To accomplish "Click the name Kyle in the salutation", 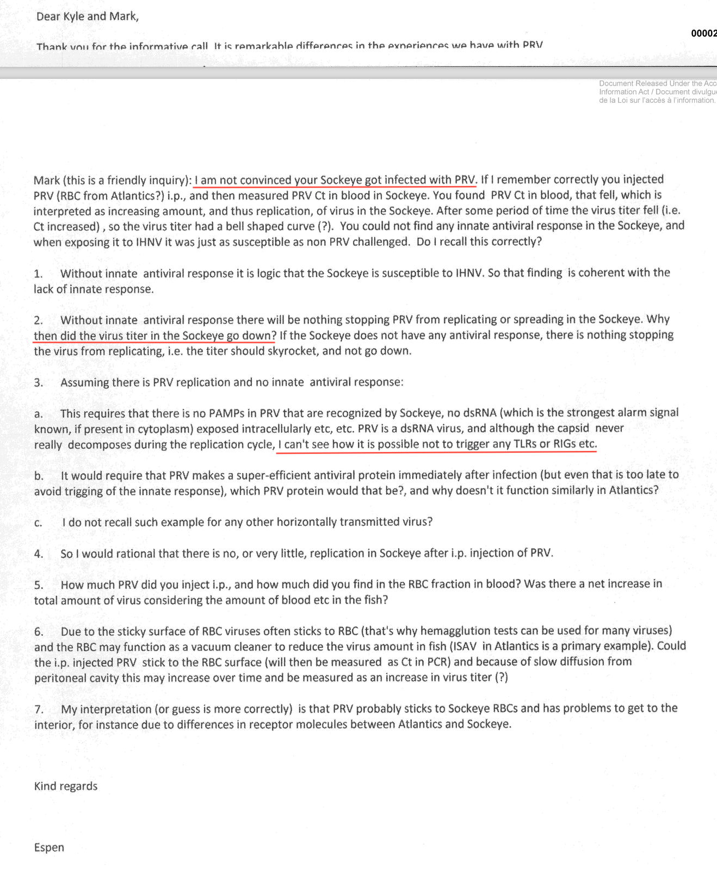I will [x=74, y=16].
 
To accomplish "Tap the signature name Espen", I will [x=49, y=847].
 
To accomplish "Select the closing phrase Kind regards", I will [x=66, y=786].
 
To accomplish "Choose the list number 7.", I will [x=39, y=709].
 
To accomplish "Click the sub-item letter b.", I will [x=39, y=476].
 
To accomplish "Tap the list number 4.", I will [x=39, y=554].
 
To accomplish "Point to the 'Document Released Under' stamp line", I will [x=657, y=83].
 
